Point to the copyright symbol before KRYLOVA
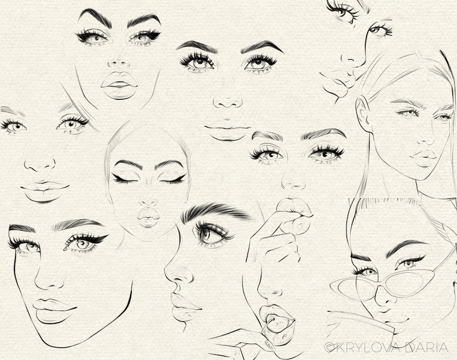(329, 347)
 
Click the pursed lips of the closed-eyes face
(148, 217)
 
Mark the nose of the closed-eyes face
(148, 202)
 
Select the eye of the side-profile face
(208, 232)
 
